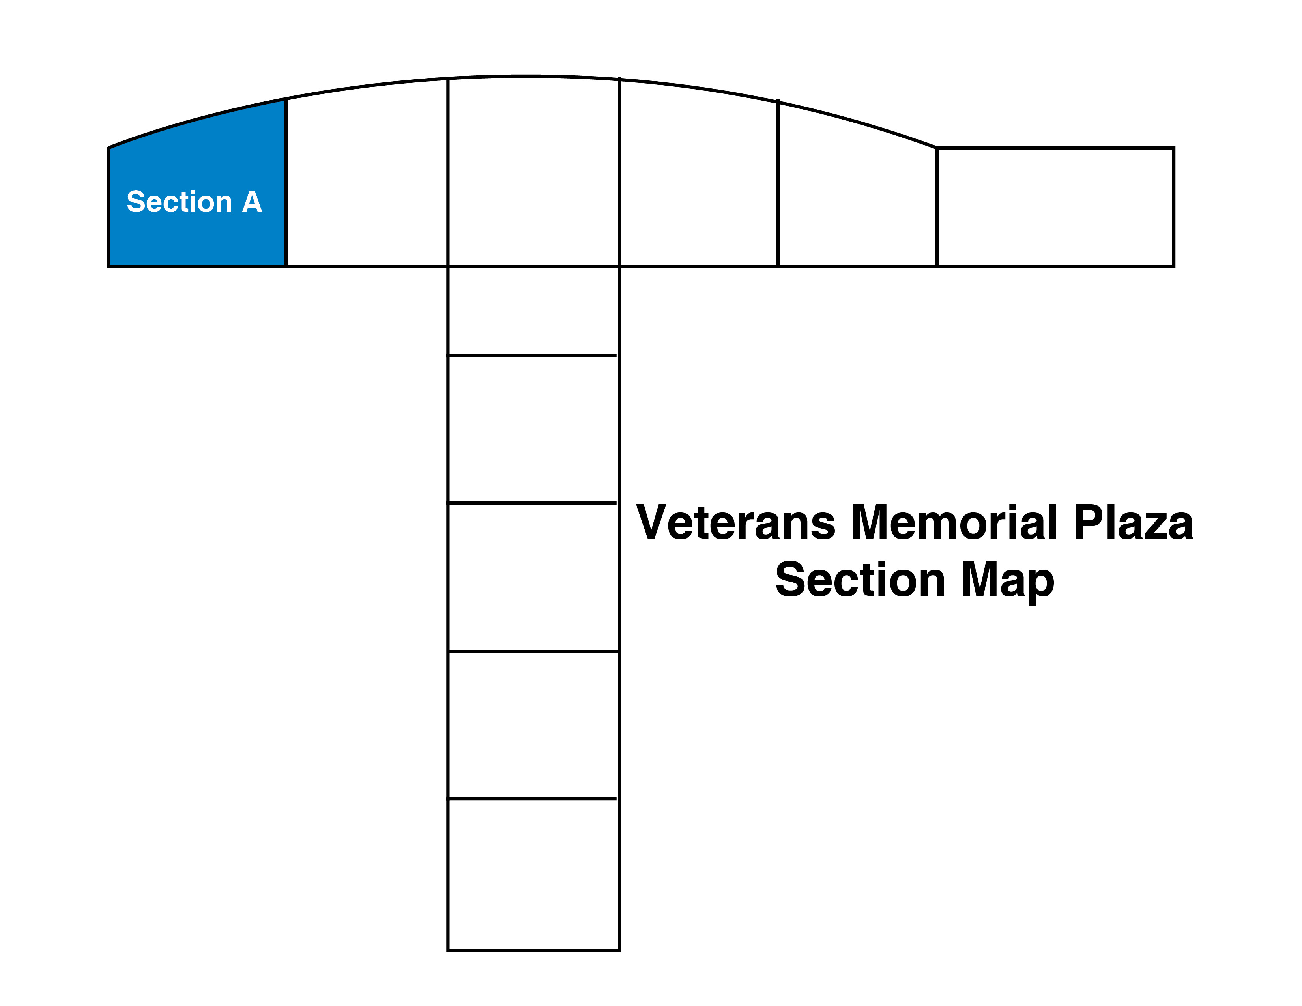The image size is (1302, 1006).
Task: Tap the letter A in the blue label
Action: click(252, 202)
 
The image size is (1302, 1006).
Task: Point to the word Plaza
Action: click(1133, 522)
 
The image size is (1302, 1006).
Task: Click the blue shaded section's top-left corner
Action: click(108, 148)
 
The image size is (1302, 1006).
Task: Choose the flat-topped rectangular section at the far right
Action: click(1055, 207)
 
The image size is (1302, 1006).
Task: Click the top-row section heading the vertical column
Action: click(533, 172)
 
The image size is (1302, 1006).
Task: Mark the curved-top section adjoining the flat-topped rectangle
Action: click(857, 188)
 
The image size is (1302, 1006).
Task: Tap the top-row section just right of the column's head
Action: click(699, 176)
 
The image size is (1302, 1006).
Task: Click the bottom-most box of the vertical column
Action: click(533, 874)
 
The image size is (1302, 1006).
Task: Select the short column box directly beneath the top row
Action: click(533, 310)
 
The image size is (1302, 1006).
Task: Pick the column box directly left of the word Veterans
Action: click(533, 577)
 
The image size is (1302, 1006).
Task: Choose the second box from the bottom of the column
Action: click(533, 725)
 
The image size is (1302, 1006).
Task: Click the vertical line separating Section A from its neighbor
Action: click(286, 182)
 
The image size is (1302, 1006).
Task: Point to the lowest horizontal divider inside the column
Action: click(532, 798)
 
